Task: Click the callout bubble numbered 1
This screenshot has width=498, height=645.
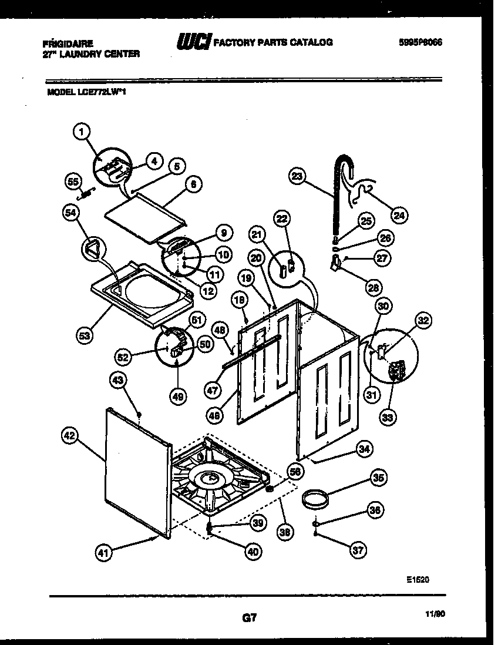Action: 83,133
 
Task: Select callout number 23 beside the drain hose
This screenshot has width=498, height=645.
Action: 298,176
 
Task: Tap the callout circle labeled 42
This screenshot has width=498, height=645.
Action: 70,436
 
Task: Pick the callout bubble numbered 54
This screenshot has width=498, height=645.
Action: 71,215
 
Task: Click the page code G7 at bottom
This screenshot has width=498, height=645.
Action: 249,618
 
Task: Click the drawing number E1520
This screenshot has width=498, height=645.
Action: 418,579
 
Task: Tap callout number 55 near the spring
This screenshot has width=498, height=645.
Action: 73,182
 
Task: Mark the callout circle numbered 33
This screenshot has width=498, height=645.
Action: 387,417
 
